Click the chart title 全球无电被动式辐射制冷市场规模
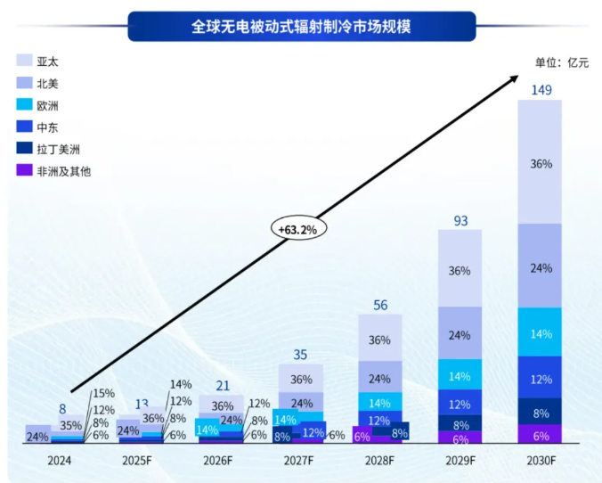pos(300,26)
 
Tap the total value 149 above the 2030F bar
pos(540,90)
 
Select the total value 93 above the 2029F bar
pos(460,220)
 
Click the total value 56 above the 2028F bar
pos(379,305)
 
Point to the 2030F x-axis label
pos(540,461)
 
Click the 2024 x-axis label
pos(59,461)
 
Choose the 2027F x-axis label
pos(299,461)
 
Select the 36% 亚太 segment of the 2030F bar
pos(540,164)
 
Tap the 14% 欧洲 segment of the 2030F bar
pos(540,332)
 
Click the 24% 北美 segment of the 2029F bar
pos(460,335)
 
